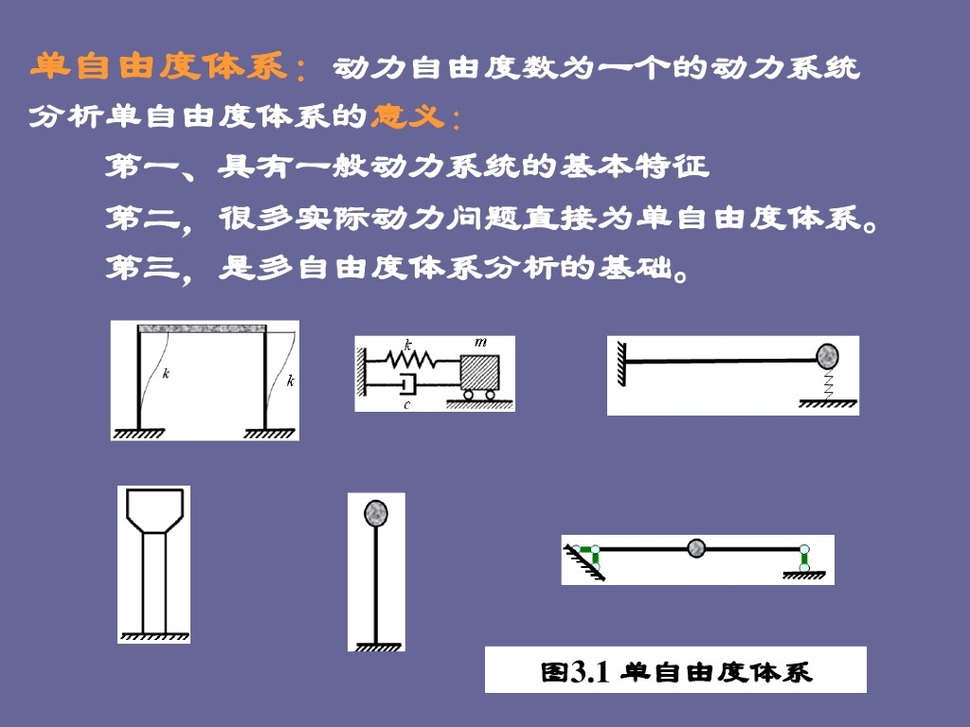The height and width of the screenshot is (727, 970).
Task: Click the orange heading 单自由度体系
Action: point(158,66)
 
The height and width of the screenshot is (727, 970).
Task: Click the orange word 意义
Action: point(408,115)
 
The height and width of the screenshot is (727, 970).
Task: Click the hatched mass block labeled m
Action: point(479,372)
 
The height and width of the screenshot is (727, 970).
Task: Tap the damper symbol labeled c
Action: point(408,384)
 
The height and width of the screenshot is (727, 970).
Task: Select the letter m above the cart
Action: point(480,342)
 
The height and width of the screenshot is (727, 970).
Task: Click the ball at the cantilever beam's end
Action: point(827,357)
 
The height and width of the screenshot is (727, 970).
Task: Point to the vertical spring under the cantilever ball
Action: point(828,384)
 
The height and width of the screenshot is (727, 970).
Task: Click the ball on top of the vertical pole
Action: point(375,513)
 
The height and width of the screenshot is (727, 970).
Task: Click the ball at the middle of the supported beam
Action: point(696,548)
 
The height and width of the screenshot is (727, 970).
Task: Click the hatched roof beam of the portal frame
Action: point(203,328)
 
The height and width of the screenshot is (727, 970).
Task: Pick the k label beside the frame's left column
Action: point(166,373)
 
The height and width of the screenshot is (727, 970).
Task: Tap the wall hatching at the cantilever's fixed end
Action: point(621,364)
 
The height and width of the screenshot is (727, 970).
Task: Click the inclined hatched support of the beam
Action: point(584,563)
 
